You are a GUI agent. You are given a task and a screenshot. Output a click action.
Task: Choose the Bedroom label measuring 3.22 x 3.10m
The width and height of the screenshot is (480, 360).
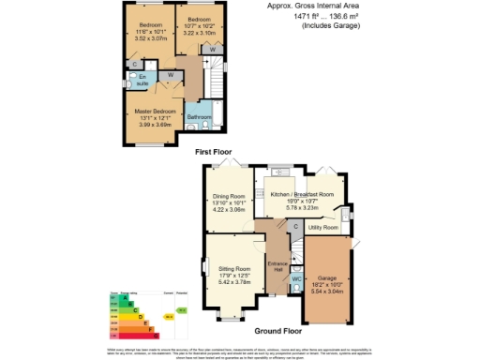(x=199, y=19)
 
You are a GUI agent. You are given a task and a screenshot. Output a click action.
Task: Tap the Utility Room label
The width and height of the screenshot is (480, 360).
(x=323, y=228)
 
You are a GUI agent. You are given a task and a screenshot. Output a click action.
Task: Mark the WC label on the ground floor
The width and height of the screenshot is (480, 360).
(x=295, y=278)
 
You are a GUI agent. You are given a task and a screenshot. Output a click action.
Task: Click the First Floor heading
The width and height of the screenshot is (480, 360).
(x=214, y=152)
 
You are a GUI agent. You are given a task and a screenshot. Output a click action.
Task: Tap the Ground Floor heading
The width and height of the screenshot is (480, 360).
(x=279, y=331)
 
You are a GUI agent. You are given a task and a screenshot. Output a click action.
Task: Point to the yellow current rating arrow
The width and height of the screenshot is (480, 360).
(x=169, y=317)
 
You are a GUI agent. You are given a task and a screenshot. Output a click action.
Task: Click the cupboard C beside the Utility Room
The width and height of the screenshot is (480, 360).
(x=295, y=225)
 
